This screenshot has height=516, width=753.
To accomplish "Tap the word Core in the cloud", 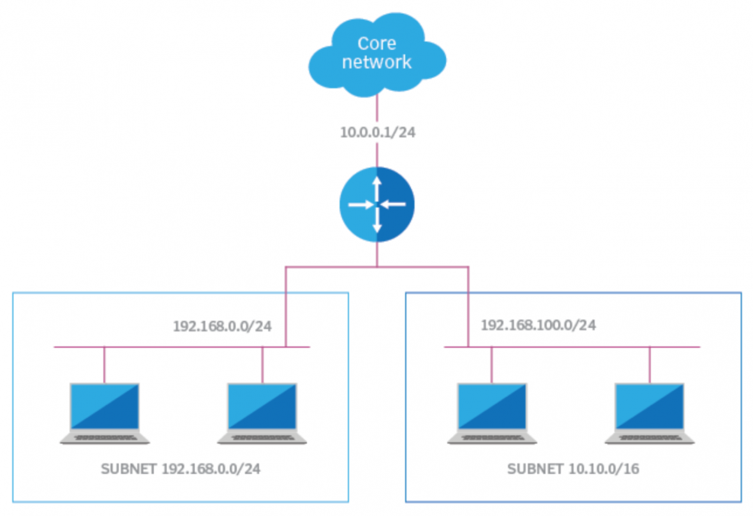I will (376, 43).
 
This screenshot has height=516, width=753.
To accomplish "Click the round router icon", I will (376, 204).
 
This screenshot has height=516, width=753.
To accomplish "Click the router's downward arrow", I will (376, 225).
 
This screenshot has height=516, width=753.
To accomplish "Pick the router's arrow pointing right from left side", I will (359, 204).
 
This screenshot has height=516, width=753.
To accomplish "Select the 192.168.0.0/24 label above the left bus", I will (222, 327).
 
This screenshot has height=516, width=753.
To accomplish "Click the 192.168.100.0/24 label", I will (538, 326).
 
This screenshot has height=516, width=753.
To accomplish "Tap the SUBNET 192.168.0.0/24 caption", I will (181, 469).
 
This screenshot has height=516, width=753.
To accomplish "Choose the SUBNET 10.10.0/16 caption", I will (573, 469).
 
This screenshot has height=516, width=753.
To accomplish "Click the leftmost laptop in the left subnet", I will (105, 412).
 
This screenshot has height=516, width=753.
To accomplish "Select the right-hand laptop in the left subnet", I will (262, 412).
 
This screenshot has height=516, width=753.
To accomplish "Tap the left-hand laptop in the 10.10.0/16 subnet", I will (492, 412).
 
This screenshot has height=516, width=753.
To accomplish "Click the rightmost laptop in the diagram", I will (650, 412).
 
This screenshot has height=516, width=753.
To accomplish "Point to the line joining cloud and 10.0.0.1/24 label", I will (376, 108).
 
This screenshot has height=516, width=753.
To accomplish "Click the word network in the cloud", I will (376, 63).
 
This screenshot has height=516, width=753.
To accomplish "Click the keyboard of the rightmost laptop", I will (650, 438).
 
